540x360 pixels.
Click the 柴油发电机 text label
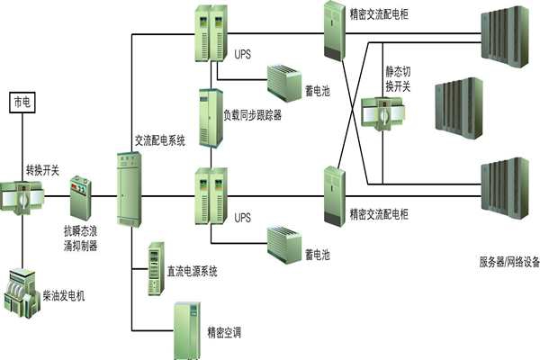coord(68,294)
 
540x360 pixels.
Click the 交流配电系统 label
coord(159,139)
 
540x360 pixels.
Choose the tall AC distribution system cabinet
coord(130,188)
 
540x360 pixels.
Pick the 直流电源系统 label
coord(192,270)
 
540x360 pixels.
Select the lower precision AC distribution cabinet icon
coord(335,194)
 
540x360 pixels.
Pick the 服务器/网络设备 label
coord(509,263)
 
